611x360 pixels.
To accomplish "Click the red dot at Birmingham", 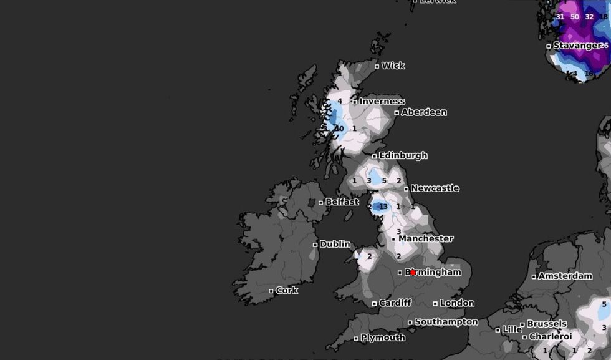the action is pos(413,273).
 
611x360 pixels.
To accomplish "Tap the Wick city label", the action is pos(393,66).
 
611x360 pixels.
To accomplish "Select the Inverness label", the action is pos(382,101).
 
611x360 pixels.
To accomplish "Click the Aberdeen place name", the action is pos(424,112).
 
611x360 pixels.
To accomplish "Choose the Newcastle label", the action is pos(435,188).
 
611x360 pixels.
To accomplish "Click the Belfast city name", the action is pos(342,202).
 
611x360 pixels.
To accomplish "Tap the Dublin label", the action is pos(335,244).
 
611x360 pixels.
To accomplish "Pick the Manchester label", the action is pos(426,238).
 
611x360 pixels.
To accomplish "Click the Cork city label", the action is pos(287,290).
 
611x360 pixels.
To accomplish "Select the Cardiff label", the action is pos(395,303).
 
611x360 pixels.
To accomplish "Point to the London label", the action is pos(457,303).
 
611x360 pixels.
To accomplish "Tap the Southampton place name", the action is pos(446,322).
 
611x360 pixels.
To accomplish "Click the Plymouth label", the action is pos(383,338).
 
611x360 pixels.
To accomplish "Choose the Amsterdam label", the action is pos(565,276).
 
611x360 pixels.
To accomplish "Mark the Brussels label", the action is pos(547,324).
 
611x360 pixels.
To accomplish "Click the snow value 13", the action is pos(383,207).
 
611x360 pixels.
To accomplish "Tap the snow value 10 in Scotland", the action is pos(340,129).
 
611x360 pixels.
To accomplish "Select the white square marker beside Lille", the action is pos(498,329).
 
